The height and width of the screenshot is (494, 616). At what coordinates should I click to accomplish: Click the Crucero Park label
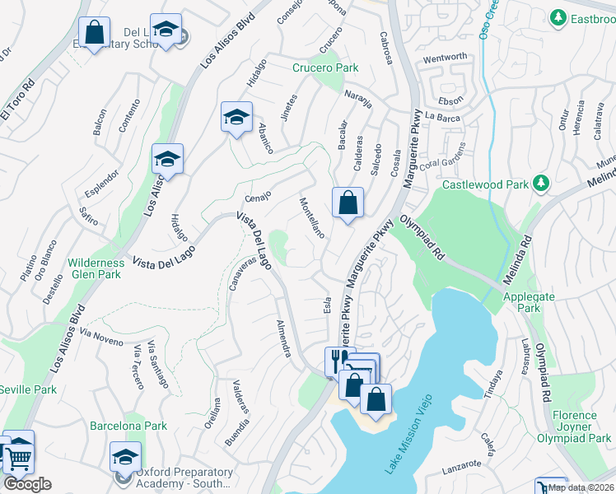tap(324, 68)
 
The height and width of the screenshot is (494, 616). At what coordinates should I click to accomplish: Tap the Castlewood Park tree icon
tap(541, 182)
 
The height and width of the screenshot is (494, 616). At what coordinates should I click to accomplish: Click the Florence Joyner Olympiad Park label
tap(581, 427)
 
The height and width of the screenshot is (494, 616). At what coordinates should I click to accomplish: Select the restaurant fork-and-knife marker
tap(336, 359)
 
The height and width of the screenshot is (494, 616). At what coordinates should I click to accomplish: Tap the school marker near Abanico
tap(236, 117)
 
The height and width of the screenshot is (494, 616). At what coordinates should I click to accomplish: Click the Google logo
tap(27, 484)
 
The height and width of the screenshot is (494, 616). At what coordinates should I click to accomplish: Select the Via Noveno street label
tap(102, 337)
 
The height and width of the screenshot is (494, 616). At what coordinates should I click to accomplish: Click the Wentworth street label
tap(445, 58)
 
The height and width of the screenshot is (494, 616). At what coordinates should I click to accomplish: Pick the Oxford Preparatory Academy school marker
tap(125, 457)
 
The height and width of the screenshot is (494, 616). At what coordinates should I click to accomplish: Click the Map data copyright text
tap(581, 487)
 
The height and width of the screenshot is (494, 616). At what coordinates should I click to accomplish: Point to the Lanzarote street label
tap(460, 465)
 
